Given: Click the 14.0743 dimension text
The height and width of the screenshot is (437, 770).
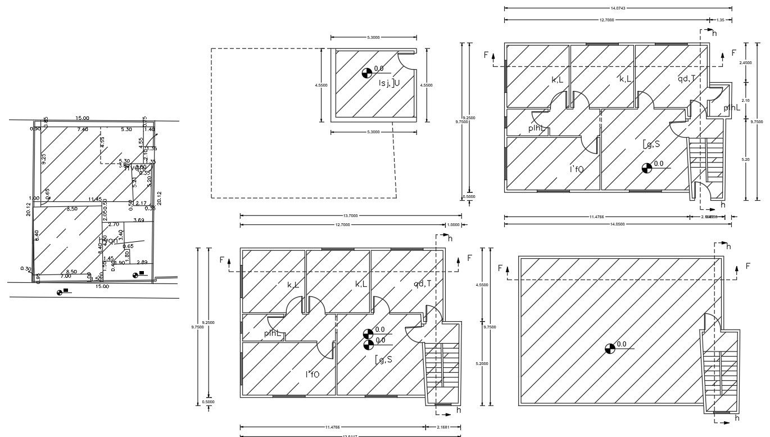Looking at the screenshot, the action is coord(618,8).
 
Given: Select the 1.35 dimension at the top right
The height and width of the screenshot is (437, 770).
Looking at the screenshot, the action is coord(721,20).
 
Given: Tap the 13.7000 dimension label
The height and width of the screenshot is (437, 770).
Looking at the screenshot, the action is coord(350,215).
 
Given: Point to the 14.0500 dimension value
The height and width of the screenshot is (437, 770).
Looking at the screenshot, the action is coord(618,224).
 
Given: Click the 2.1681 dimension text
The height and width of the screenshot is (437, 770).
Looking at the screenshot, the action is coord(442,427).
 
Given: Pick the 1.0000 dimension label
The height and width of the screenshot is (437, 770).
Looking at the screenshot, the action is coord(454,225).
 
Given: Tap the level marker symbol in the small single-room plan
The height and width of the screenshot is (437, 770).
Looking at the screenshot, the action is coord(366,73).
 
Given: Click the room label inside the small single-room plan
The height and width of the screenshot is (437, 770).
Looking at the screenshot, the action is coord(389,83).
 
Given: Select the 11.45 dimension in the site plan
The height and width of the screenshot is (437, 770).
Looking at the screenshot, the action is coord(95,199).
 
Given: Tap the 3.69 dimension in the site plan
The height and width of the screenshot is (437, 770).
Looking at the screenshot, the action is coord(138,220).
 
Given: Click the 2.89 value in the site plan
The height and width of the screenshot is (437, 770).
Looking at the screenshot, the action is coord(142,262).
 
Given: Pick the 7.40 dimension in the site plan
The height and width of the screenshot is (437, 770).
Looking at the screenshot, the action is coord(83,129).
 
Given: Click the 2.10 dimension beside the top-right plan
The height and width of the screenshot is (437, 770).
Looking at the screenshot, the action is coord(745,100).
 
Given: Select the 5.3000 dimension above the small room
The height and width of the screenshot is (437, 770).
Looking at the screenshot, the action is coord(373,37).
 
